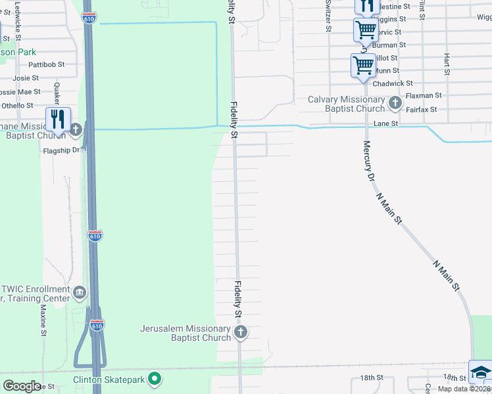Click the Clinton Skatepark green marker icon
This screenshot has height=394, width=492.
(x=155, y=378)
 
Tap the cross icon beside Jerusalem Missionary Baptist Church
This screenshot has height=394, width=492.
(x=240, y=332)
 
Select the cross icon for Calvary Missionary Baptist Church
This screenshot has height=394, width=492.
(x=395, y=103)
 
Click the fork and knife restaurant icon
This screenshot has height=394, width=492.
(x=58, y=119)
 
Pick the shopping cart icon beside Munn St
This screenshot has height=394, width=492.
(x=363, y=65)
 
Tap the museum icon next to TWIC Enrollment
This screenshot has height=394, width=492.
(x=80, y=292)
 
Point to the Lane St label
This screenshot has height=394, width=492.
(x=386, y=123)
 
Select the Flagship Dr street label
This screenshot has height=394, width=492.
(x=61, y=150)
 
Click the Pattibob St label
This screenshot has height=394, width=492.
(x=46, y=65)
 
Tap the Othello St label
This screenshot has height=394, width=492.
(x=16, y=105)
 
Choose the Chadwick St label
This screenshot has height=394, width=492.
(x=392, y=83)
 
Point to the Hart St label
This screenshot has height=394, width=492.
(x=447, y=64)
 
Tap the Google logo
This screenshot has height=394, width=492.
(x=22, y=385)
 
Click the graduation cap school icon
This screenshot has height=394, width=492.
(x=481, y=372)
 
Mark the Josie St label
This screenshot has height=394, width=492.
(x=26, y=78)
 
